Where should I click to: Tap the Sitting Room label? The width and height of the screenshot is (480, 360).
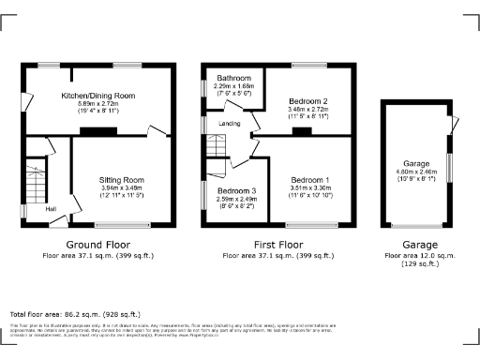click(122, 178)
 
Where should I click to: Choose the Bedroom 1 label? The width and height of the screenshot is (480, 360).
click(309, 179)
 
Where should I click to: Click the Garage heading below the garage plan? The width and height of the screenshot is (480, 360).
click(415, 244)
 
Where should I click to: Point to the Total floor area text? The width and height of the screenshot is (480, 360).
click(74, 314)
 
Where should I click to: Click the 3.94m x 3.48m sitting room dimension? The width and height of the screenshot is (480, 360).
click(122, 187)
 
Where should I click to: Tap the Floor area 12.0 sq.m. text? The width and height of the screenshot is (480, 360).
click(415, 254)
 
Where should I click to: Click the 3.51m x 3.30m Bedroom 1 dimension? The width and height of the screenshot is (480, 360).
click(309, 187)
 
